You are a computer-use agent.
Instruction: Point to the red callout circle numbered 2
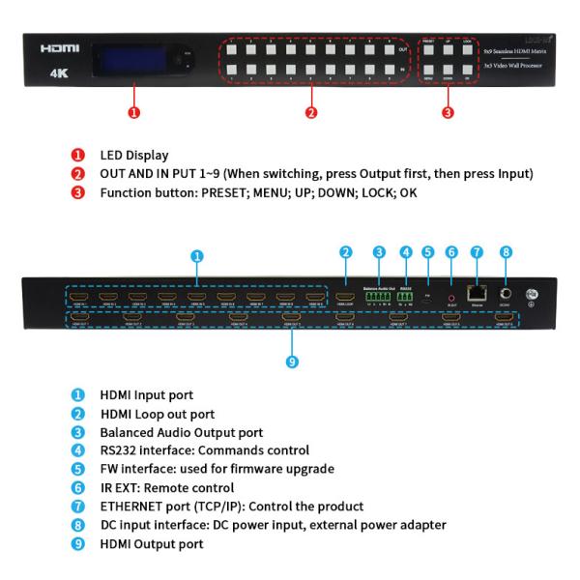(x=311, y=112)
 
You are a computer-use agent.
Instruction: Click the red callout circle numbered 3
(x=448, y=112)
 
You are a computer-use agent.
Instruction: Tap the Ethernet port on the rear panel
(x=476, y=291)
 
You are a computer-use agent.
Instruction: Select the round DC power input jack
(x=504, y=290)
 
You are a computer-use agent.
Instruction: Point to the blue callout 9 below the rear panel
(x=292, y=363)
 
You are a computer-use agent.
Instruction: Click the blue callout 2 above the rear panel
(x=345, y=253)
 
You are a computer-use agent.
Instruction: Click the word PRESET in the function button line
(x=233, y=191)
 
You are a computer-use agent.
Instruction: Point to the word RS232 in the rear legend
(x=119, y=450)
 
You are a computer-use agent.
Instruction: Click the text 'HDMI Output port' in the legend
(x=152, y=544)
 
